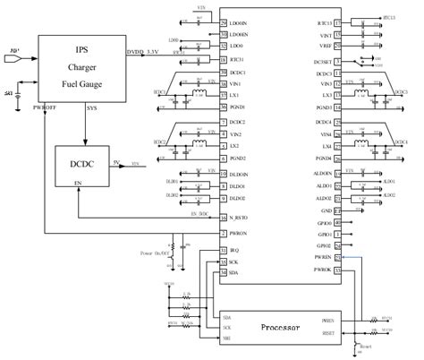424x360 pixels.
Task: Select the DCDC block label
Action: click(81, 163)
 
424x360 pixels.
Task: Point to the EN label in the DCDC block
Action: click(64, 183)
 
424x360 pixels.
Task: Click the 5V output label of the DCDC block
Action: click(116, 161)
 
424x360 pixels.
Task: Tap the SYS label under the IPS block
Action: click(92, 108)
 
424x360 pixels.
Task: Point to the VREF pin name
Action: click(326, 45)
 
